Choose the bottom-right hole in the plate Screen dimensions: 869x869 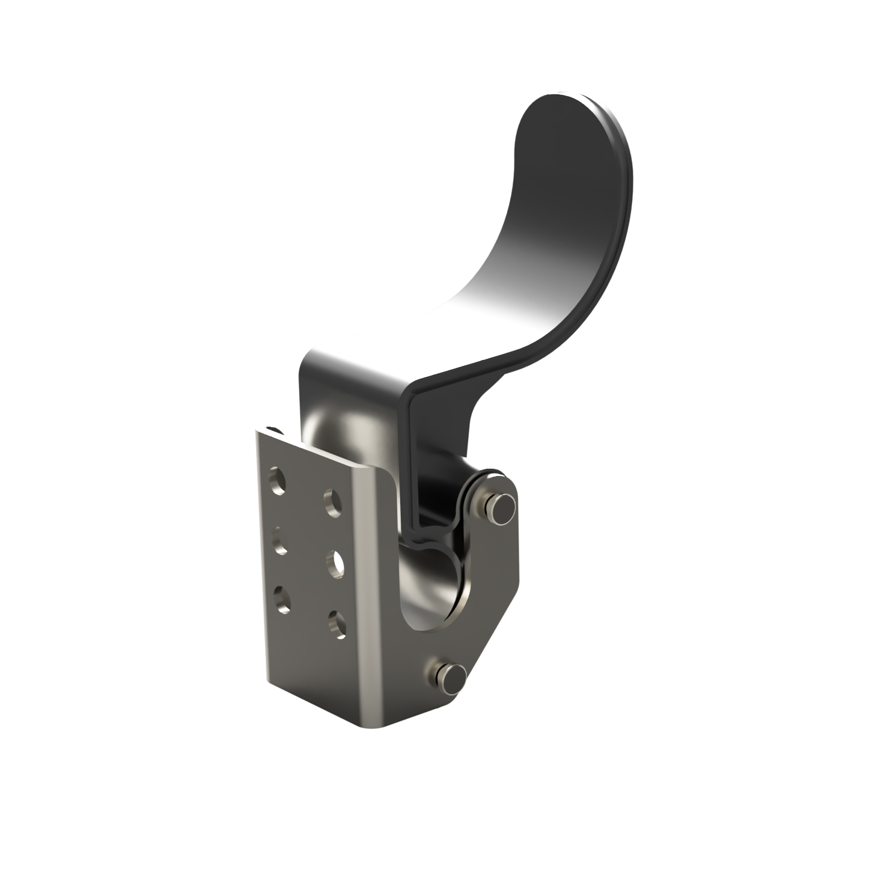click(337, 624)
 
